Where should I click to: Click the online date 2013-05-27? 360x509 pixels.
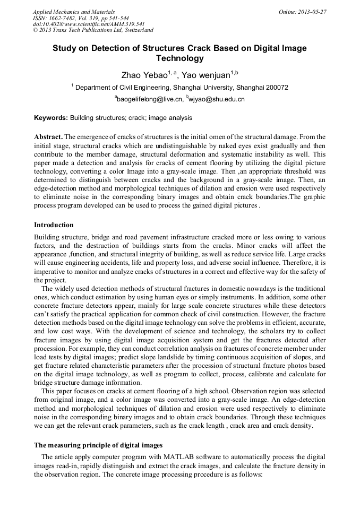point(312,12)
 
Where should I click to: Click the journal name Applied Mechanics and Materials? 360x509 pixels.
point(74,12)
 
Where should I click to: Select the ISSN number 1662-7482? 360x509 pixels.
point(63,18)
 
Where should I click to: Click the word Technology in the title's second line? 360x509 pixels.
point(179,58)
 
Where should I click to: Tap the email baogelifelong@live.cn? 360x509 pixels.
point(151,99)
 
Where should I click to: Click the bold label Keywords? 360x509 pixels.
point(51,117)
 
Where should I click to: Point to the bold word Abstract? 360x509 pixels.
point(48,136)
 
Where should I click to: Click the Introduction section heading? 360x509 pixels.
point(54,225)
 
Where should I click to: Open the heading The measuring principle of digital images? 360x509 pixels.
point(98,445)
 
